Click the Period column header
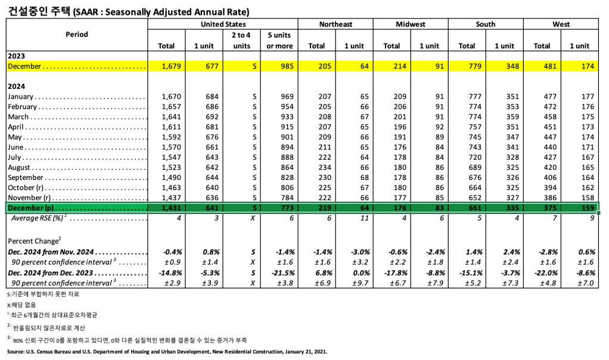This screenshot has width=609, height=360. click(76, 35)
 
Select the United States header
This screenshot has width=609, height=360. click(223, 24)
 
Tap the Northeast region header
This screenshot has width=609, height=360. click(335, 24)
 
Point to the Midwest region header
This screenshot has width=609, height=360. click(411, 24)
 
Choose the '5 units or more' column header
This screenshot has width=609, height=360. click(279, 41)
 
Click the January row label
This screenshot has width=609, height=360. click(22, 96)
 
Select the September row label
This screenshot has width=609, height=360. click(26, 178)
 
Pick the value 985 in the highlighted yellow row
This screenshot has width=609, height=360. click(285, 67)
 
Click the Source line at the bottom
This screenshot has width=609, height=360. click(167, 352)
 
